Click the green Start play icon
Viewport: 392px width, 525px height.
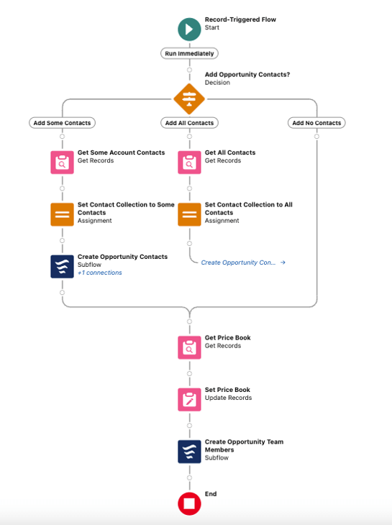coord(189,29)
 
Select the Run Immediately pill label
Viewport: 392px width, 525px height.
coord(189,53)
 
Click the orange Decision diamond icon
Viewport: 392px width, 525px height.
coord(189,99)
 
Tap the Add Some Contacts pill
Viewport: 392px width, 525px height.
coord(63,123)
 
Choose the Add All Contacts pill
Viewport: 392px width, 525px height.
coord(189,123)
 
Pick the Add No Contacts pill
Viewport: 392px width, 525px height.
coord(316,123)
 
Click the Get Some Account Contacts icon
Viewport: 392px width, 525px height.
coord(63,163)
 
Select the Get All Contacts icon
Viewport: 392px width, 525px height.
coord(189,163)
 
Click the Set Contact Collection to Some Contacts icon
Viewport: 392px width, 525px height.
coord(63,214)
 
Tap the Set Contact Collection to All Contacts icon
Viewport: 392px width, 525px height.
coord(189,214)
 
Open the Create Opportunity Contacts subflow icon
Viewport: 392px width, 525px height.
coord(63,267)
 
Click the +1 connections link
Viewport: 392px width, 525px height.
coord(100,273)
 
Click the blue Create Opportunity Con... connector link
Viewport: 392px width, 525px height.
coord(243,262)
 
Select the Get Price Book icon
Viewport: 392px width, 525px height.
coord(189,347)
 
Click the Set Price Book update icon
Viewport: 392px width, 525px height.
coord(189,399)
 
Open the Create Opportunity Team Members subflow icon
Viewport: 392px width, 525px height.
coord(189,452)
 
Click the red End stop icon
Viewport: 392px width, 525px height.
coord(189,503)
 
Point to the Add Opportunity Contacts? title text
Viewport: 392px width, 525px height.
coord(247,74)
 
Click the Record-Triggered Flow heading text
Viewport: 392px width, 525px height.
coord(240,19)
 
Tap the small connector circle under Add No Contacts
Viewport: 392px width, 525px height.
coord(316,137)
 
